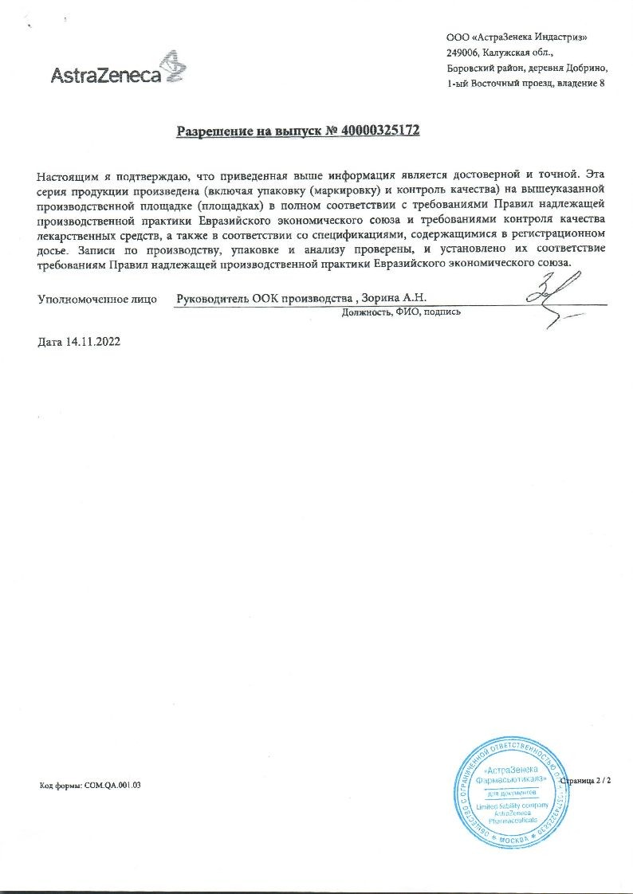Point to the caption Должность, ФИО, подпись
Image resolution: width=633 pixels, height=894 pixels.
400,312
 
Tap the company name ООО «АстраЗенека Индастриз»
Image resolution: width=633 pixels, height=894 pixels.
521,37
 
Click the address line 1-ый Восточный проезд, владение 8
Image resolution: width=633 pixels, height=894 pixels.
525,83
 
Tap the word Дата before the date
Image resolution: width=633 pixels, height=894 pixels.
49,342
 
